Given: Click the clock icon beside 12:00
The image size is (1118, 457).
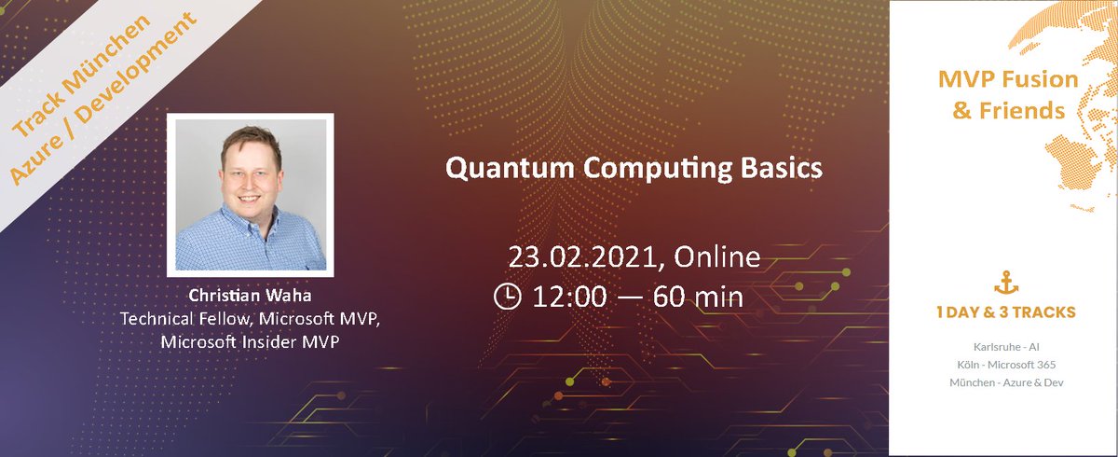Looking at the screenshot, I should (507, 297).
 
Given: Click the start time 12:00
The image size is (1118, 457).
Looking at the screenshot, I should (570, 297).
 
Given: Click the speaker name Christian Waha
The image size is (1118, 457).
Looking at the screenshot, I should (251, 295).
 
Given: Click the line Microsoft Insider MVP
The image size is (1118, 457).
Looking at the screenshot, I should (251, 341).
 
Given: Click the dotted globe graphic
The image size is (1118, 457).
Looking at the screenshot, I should (1081, 140).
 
